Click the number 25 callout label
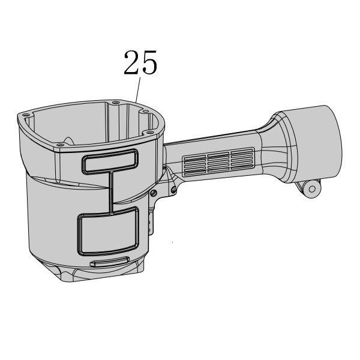140,62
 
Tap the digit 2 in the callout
131,62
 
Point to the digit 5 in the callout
149,62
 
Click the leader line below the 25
138,89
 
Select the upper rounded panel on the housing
110,161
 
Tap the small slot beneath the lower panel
110,261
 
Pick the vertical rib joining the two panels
110,192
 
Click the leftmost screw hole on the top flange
26,115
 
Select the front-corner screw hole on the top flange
61,145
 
